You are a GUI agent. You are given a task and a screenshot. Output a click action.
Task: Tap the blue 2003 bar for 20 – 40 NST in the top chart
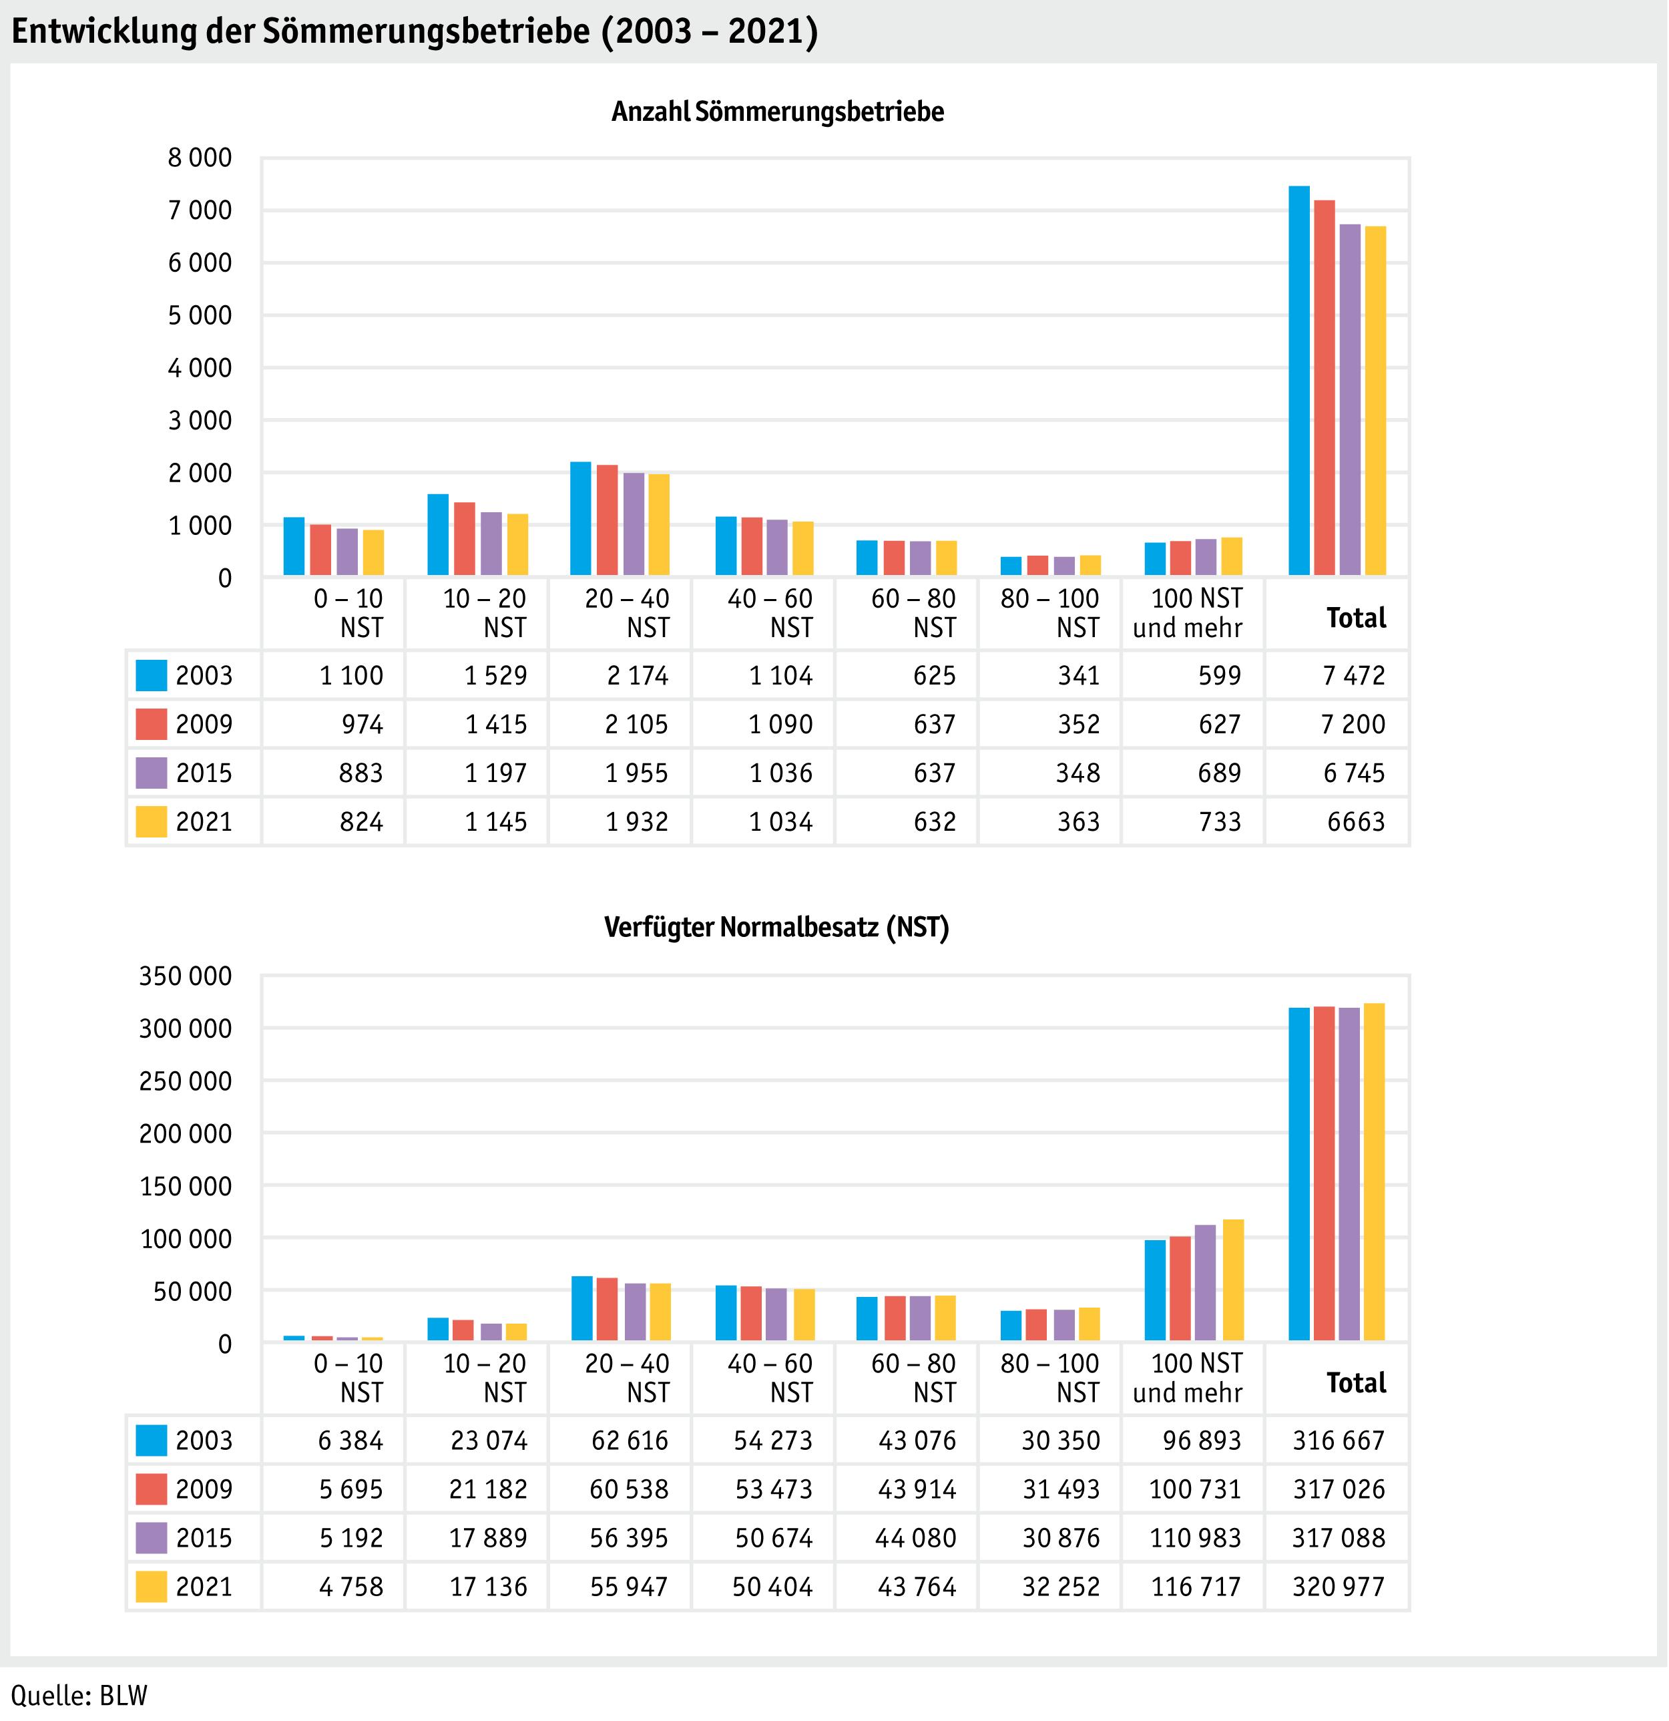580,518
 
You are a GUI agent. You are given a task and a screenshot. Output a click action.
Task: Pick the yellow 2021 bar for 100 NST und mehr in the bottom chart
1232,1280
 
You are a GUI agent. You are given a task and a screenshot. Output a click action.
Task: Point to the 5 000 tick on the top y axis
200,315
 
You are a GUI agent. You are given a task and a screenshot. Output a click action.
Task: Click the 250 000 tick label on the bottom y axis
185,1081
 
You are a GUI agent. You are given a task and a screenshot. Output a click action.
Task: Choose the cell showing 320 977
1338,1587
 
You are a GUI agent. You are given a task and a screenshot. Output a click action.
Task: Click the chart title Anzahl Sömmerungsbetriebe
778,112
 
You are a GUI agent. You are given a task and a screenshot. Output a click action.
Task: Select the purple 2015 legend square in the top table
151,773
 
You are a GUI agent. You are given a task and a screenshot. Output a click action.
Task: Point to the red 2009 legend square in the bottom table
151,1489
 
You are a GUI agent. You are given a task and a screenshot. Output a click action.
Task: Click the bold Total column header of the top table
1357,618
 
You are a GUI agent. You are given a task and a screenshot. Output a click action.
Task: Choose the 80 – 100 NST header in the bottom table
1050,1378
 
